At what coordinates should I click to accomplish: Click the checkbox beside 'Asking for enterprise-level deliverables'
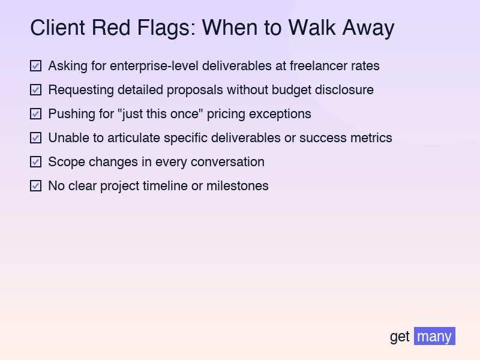tap(35, 65)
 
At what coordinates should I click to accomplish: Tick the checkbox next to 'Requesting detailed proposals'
tap(35, 89)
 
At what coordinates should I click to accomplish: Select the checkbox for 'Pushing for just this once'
tap(35, 113)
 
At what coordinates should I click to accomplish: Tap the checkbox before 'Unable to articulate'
tap(35, 137)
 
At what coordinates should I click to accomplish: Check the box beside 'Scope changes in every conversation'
tap(35, 161)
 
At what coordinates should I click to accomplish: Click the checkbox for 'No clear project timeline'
tap(35, 185)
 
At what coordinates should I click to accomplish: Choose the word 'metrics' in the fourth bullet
tap(370, 137)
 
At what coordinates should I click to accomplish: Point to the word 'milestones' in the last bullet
tap(237, 185)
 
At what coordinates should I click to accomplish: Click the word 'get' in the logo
tap(400, 337)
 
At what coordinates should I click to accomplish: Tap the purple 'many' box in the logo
tap(434, 336)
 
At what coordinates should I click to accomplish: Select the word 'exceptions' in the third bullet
tap(283, 113)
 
